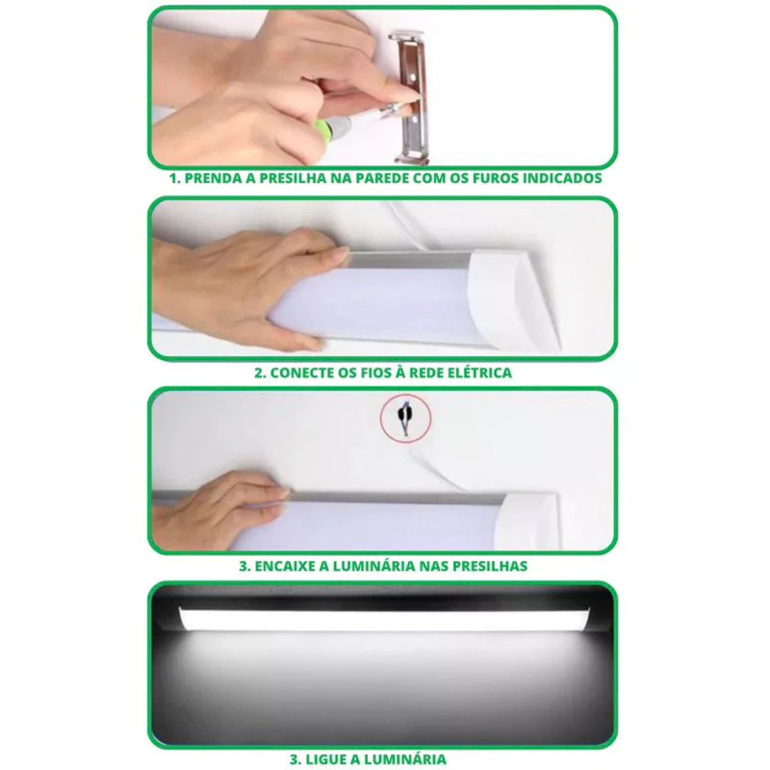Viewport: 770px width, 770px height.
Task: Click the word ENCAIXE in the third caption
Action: pyautogui.click(x=284, y=566)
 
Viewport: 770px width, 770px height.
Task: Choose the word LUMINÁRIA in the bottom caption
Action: pyautogui.click(x=407, y=758)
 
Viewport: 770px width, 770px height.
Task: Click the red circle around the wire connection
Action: pyautogui.click(x=405, y=418)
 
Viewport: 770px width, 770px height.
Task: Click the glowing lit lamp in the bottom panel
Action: pyautogui.click(x=384, y=620)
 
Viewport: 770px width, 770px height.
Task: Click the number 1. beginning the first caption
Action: pyautogui.click(x=175, y=178)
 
